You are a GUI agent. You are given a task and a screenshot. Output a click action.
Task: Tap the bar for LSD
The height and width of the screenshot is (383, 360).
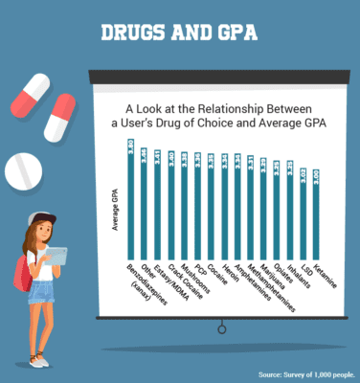303,212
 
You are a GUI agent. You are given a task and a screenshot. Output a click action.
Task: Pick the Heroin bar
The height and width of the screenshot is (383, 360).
223,204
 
